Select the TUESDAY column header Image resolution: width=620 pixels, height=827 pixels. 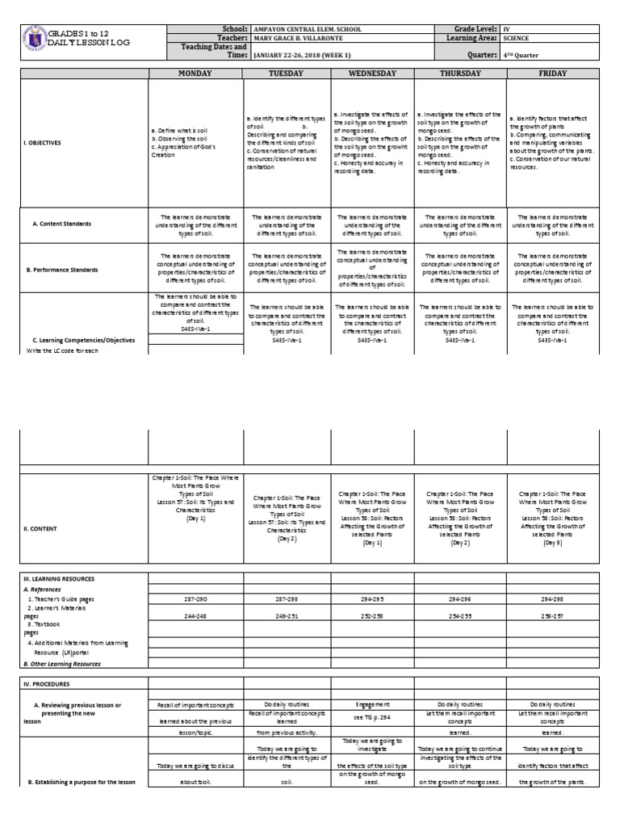pos(287,73)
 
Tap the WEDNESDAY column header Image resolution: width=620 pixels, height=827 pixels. pos(372,73)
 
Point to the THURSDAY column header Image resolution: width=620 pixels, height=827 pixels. pos(460,73)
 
